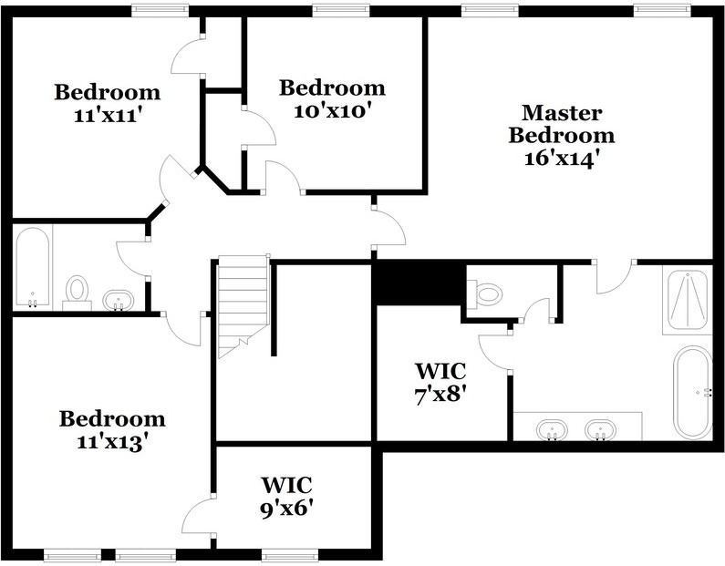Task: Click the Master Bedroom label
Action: coord(562,124)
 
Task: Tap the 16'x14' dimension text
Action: coord(562,159)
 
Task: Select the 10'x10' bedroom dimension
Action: coord(333,111)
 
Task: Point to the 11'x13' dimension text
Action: coord(112,442)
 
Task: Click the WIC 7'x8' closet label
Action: coord(440,383)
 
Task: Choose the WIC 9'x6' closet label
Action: coord(286,496)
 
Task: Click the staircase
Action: coord(243,306)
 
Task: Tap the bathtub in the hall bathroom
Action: coord(32,267)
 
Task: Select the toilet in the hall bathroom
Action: coord(77,293)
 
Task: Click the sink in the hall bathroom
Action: coord(118,300)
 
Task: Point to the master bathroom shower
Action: coord(688,300)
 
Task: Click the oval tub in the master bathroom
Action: coord(692,392)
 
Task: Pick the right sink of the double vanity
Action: coord(600,429)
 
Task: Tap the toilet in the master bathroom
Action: coord(484,293)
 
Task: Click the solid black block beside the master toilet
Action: coord(419,283)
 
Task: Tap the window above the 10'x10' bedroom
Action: coord(341,9)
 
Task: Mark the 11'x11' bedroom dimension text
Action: coord(107,115)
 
